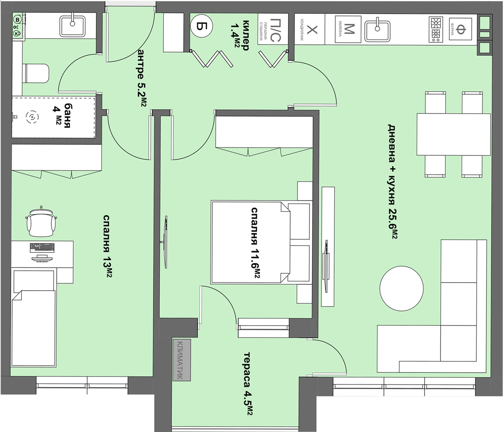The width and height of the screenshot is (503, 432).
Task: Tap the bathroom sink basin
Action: (72, 25)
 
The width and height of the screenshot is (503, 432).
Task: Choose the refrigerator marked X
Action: (310, 29)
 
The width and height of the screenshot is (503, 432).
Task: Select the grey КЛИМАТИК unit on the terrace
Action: (182, 360)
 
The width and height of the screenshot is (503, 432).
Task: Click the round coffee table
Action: (401, 288)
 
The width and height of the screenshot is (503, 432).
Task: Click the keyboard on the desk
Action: (43, 248)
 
